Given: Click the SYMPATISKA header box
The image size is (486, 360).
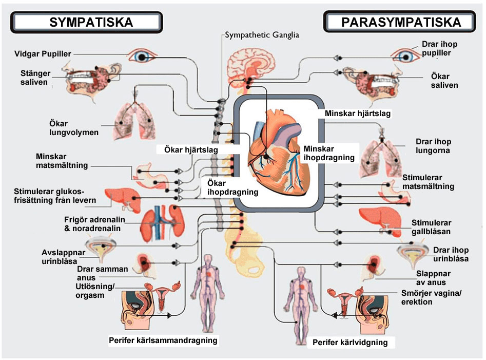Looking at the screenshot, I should [87, 22].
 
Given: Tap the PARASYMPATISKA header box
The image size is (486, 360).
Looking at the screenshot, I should [400, 22].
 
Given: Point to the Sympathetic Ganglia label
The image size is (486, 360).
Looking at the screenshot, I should [262, 35].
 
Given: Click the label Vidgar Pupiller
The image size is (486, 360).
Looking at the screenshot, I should [43, 54].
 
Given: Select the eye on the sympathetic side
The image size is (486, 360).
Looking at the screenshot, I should [143, 55].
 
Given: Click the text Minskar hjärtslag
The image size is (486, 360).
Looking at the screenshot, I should [358, 113].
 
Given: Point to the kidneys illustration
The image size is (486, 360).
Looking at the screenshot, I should [163, 223].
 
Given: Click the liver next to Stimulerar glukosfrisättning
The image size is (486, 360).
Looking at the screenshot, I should [122, 198].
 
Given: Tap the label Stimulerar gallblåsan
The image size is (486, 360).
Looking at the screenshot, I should [431, 227].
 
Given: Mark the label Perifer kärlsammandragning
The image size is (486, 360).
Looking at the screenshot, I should [163, 340].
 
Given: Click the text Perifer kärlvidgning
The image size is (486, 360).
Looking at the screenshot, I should [350, 342].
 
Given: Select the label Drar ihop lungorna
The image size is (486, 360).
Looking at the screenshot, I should [433, 146].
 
